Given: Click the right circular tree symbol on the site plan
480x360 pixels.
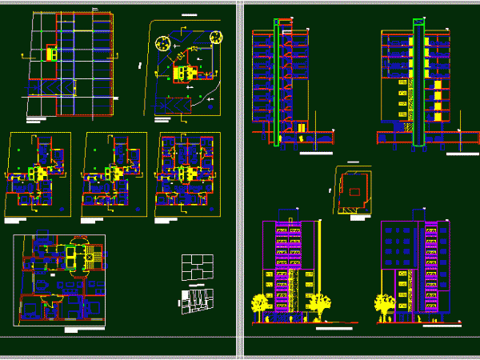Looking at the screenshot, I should click(x=215, y=35).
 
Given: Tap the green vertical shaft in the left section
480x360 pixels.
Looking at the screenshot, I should click(x=278, y=83).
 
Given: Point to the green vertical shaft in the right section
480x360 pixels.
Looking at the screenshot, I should click(x=418, y=83).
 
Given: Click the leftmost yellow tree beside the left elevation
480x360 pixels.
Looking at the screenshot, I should click(x=261, y=305).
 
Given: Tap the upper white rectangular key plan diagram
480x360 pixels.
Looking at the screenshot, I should click(x=196, y=266).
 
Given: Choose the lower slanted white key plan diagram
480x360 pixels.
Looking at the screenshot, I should click(x=196, y=299).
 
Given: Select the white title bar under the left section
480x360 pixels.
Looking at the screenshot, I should click(x=317, y=151).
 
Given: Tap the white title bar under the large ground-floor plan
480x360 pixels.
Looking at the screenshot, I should click(x=82, y=329).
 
